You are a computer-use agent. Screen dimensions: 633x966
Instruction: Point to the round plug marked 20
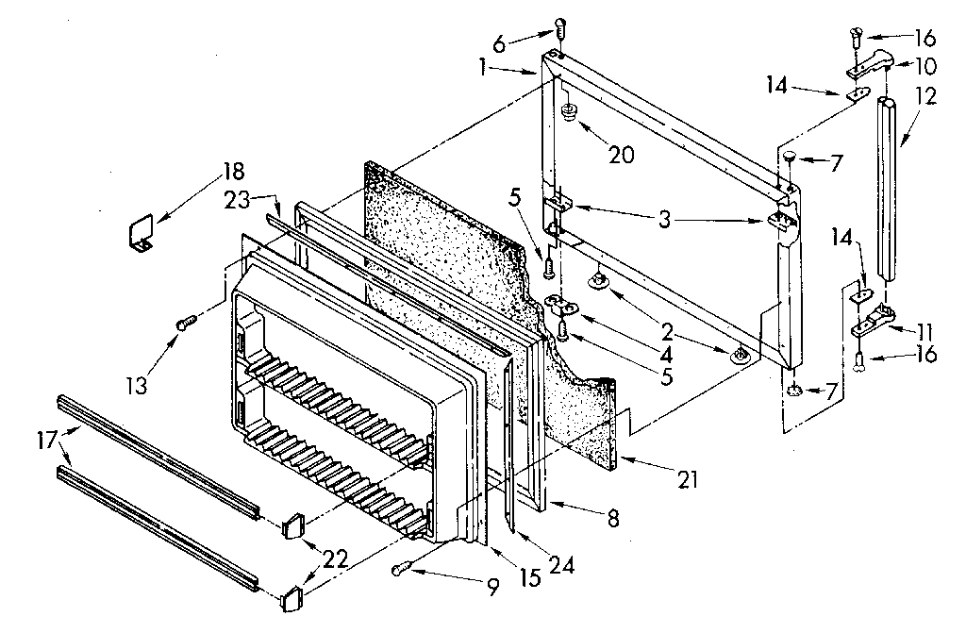(x=569, y=115)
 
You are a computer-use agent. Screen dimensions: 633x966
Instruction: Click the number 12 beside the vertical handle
(x=925, y=95)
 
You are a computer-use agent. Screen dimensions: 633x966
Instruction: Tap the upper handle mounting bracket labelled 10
(x=869, y=65)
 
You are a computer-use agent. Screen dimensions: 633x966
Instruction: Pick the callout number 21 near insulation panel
(x=687, y=479)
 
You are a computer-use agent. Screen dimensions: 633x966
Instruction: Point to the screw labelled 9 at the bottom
(x=401, y=568)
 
